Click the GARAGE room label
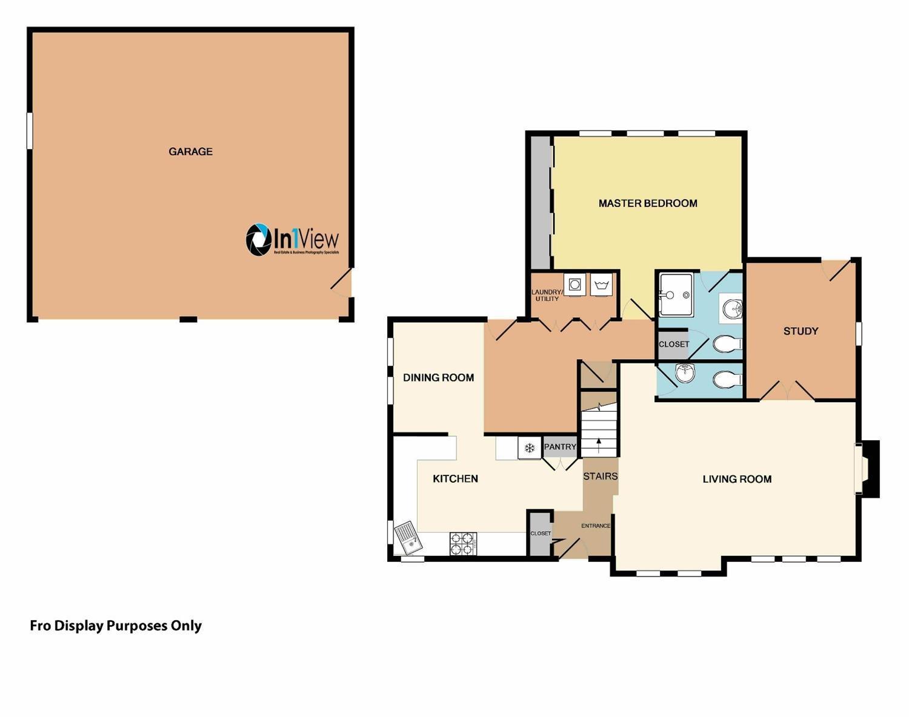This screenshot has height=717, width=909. [190, 152]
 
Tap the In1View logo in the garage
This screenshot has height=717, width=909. [292, 239]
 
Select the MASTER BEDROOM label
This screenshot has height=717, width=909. [648, 203]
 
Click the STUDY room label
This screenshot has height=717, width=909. [801, 331]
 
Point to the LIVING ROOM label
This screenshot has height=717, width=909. [737, 479]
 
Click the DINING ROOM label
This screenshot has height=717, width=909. [438, 378]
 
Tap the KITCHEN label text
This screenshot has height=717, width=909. [455, 479]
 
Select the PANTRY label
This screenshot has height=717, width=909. [560, 447]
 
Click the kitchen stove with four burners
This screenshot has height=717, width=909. [463, 543]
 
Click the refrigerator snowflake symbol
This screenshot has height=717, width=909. [530, 448]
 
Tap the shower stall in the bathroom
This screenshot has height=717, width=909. [676, 295]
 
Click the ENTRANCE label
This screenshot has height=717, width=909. [596, 526]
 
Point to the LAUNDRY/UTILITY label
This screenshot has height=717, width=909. [547, 296]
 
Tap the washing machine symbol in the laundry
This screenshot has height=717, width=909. [574, 284]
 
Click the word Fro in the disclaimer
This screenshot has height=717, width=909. [41, 626]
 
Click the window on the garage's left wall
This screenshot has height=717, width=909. [30, 130]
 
